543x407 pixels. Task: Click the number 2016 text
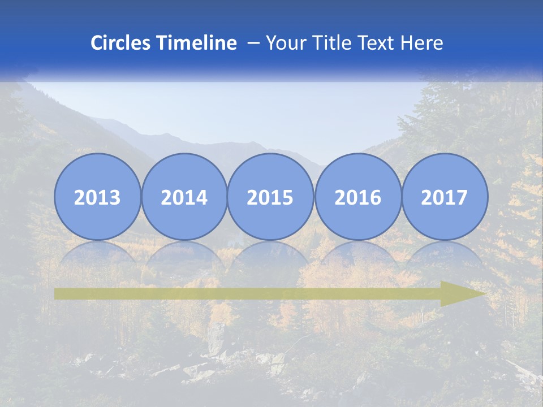(x=357, y=197)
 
